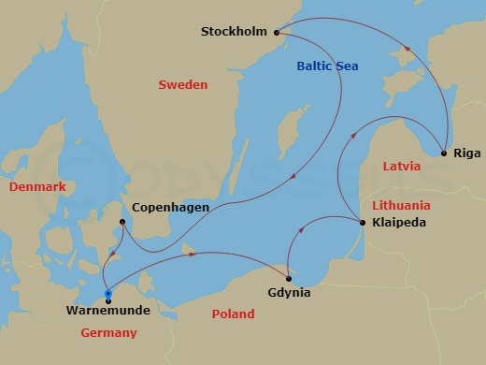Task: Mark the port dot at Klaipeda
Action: point(362,222)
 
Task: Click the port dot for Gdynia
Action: point(288,278)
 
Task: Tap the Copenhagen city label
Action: point(170,207)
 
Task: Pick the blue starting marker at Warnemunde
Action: point(108,294)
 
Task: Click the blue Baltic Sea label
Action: point(327,66)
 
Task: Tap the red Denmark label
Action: point(37,187)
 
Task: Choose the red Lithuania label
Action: point(401,204)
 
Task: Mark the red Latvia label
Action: point(401,166)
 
